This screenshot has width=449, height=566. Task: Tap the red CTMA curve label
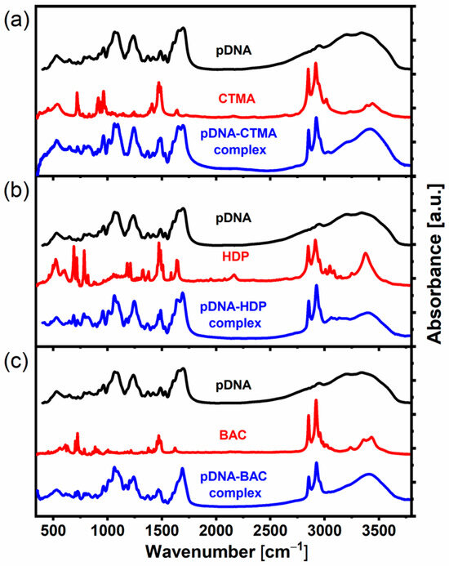(x=237, y=99)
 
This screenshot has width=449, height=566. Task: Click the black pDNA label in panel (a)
(x=234, y=51)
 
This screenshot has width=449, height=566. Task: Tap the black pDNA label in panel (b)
(x=234, y=218)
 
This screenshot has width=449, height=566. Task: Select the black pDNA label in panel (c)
(x=234, y=384)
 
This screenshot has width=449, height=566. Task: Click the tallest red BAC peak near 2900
(x=316, y=401)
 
